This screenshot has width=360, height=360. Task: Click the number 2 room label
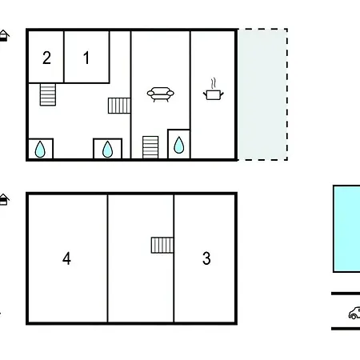coord(46,58)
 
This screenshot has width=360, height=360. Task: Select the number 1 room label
coord(86,58)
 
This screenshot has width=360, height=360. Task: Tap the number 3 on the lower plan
coord(206,258)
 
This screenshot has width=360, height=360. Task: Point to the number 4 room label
coord(66,258)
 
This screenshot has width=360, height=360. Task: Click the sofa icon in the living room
coord(161,94)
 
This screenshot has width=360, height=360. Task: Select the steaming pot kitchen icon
coord(214,90)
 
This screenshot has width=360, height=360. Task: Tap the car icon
coord(354,313)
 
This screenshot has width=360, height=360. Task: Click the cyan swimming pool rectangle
coord(346,229)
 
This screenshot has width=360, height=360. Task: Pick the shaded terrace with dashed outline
coord(262,94)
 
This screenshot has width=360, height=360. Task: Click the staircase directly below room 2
coord(48,94)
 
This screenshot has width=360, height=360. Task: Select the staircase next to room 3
coord(162,245)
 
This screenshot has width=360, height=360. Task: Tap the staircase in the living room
coord(150,147)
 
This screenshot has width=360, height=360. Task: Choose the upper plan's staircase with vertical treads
coord(119,106)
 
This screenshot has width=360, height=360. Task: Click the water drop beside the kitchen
coord(178,145)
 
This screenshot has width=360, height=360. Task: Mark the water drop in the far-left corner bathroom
coord(40,150)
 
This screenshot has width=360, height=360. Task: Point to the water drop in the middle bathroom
coord(107,150)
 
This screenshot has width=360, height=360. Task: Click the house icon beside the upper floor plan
coord(4,36)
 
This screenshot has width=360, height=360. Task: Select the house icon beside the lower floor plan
coord(4,199)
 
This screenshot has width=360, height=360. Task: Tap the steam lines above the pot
coord(213,83)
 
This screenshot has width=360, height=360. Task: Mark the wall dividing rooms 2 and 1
coord(64,57)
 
